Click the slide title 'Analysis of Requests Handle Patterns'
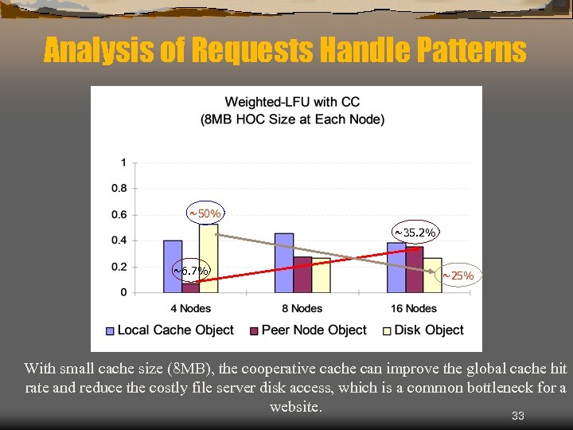coord(285,50)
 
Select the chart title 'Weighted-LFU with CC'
coord(292,102)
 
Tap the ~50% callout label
coord(205,213)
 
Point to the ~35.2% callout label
coord(415,233)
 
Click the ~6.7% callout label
coord(191,271)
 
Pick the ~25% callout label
coord(458,276)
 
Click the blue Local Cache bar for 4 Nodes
coord(173,266)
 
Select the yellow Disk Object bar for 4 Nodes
coord(209,258)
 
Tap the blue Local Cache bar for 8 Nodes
coord(284,263)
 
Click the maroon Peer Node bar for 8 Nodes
coord(302,275)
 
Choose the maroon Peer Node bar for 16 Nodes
coord(415,270)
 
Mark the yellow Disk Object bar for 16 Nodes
coord(432,275)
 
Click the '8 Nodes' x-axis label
coord(302,308)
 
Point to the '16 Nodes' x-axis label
coord(415,308)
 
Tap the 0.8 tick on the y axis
coord(119,189)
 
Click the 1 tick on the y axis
coord(123,162)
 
